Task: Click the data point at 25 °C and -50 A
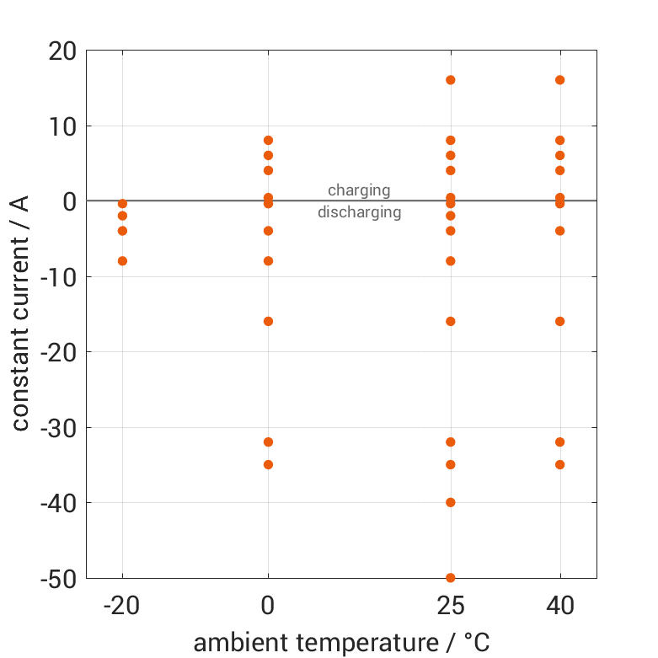point(450,577)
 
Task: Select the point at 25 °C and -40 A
point(450,502)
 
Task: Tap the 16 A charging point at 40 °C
point(559,80)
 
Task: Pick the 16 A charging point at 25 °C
point(450,80)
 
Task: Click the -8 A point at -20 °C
point(122,261)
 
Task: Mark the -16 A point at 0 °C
point(268,321)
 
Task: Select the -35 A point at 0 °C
point(268,464)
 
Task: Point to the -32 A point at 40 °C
point(559,441)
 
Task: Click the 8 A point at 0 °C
point(268,141)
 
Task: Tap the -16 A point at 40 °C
point(559,321)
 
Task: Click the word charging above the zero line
point(359,190)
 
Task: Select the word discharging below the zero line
point(359,212)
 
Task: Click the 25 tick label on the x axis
point(450,606)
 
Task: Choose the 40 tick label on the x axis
point(559,606)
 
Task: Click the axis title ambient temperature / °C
point(341,643)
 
